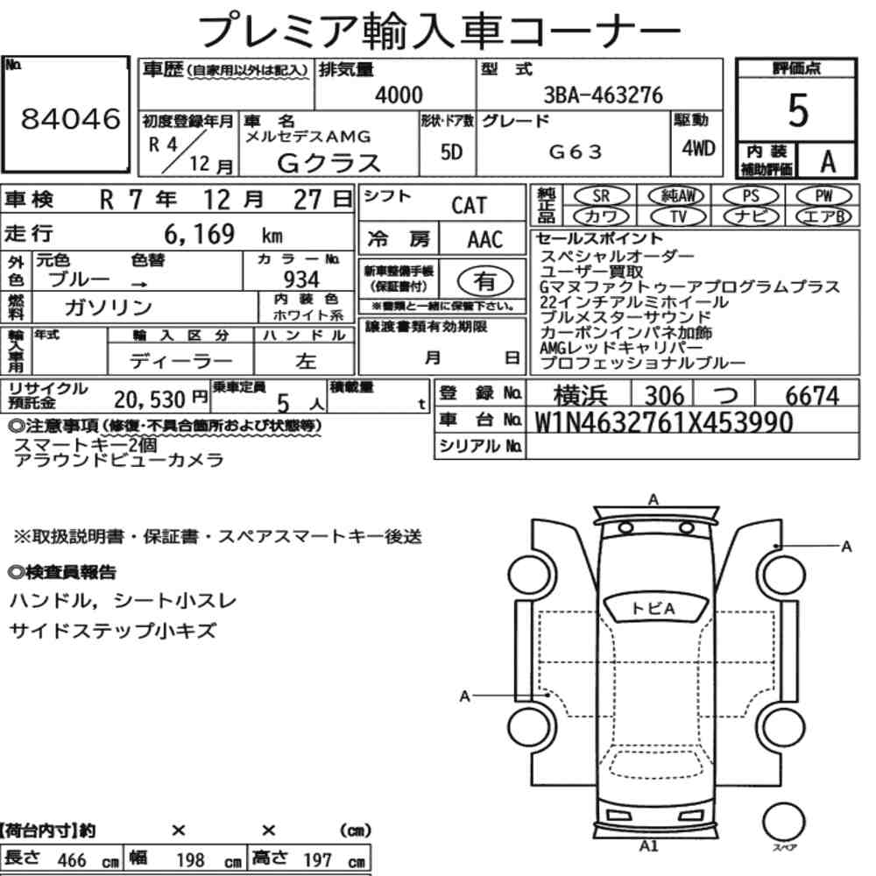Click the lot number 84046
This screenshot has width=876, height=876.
click(x=70, y=118)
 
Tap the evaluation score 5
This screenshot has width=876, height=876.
click(x=797, y=110)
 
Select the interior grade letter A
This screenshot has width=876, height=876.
click(x=828, y=161)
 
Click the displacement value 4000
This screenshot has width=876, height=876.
click(x=399, y=95)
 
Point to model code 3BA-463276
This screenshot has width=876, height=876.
click(x=603, y=95)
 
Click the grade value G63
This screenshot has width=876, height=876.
click(x=575, y=152)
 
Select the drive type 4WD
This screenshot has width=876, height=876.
click(x=698, y=148)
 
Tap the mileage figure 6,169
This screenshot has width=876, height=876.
click(x=199, y=234)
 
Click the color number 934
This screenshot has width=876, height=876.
click(x=301, y=279)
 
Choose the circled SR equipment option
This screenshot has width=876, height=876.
click(x=601, y=196)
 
